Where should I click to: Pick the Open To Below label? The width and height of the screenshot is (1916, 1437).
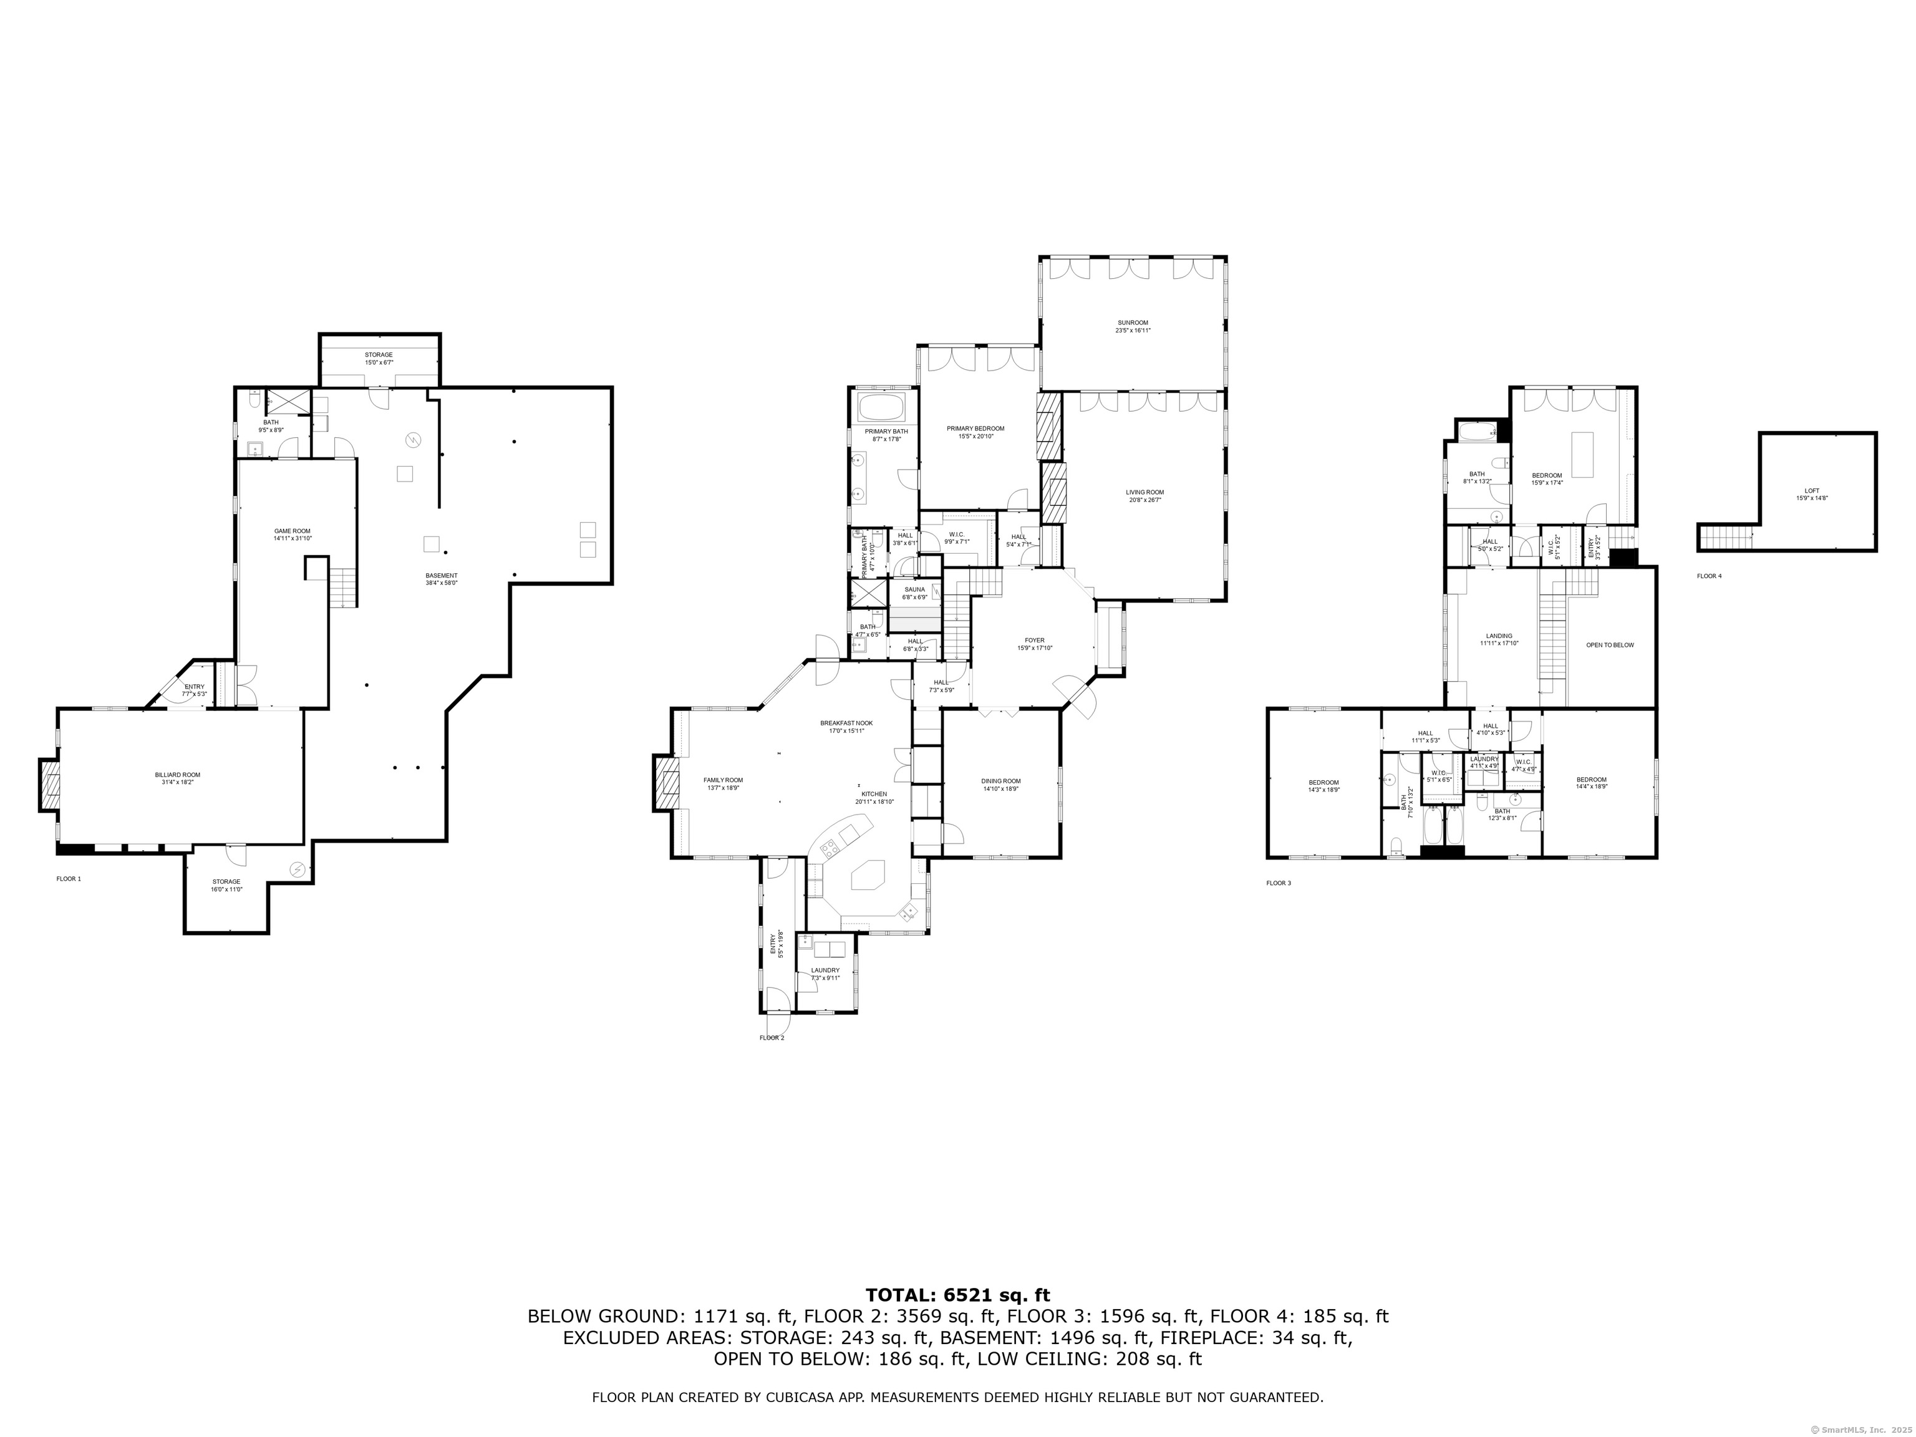click(x=1609, y=644)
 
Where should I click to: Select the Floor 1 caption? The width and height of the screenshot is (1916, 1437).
click(x=69, y=878)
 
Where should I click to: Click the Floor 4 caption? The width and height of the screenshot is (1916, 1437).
click(x=1709, y=575)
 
